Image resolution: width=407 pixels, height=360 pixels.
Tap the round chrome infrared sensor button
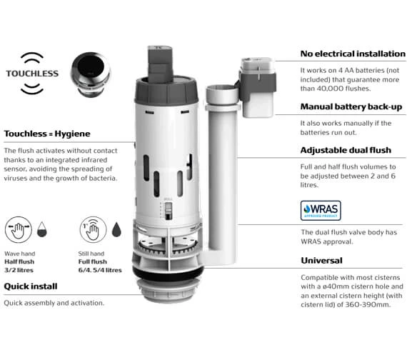tap(92, 72)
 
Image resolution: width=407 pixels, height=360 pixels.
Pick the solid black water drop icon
tap(116, 229)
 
